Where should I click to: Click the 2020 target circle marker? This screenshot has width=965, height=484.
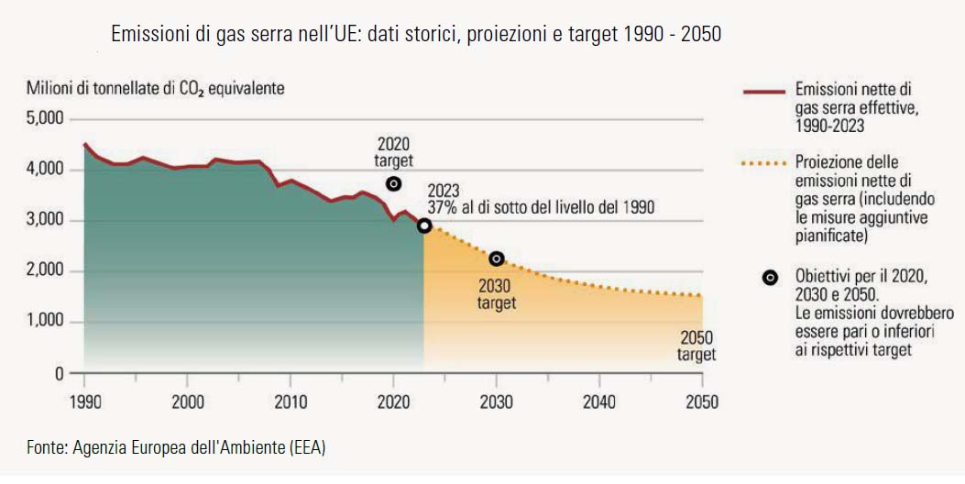click(x=394, y=183)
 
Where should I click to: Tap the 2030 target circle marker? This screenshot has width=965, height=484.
click(x=497, y=258)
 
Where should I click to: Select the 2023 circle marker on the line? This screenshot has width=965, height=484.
click(x=424, y=225)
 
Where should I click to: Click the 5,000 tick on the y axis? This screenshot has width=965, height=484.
click(x=44, y=118)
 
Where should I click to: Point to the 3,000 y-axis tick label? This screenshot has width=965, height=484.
click(x=44, y=220)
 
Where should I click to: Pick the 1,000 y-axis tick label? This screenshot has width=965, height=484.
click(x=44, y=322)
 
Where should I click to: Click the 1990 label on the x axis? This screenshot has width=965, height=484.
click(x=84, y=401)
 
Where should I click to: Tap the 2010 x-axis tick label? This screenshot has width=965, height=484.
click(x=291, y=401)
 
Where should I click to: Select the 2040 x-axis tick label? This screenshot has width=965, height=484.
click(x=599, y=401)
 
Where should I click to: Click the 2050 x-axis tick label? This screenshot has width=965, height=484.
click(x=702, y=401)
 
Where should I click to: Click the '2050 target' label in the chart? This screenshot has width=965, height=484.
click(x=696, y=345)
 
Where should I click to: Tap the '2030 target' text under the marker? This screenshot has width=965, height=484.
click(x=497, y=294)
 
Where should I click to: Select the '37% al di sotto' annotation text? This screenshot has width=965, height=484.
click(x=541, y=207)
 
